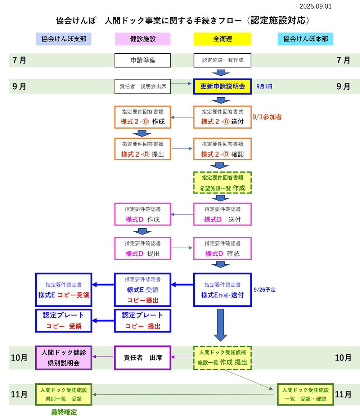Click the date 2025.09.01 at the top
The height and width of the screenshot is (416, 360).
pos(315,6)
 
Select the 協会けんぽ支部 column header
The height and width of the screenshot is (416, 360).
pos(64,39)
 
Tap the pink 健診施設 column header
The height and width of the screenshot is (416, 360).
pos(143,39)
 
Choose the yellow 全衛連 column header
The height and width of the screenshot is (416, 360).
pos(222,39)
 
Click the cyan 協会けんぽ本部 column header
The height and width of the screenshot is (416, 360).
pos(305,39)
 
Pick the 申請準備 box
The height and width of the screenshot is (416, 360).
pos(143,60)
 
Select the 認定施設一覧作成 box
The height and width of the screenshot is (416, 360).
pos(222,60)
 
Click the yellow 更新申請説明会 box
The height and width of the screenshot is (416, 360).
pos(222,86)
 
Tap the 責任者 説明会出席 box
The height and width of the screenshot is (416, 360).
pos(143,86)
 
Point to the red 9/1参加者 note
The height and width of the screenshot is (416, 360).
pos(267,117)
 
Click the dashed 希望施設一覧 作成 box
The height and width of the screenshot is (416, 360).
pos(222,183)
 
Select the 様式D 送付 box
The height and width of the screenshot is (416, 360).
pos(222,214)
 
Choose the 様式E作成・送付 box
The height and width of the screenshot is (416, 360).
pos(222,290)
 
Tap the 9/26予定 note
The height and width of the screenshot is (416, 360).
pos(265,289)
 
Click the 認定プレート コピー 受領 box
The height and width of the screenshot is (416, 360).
pos(64,321)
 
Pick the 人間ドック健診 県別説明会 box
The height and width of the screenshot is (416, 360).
pos(64,357)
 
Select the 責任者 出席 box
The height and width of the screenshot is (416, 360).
pos(143,358)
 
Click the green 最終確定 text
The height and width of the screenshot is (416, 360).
pos(64,412)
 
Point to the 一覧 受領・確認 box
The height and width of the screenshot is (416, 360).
pos(305,394)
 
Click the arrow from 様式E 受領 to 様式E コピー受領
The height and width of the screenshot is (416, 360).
pos(103,285)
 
